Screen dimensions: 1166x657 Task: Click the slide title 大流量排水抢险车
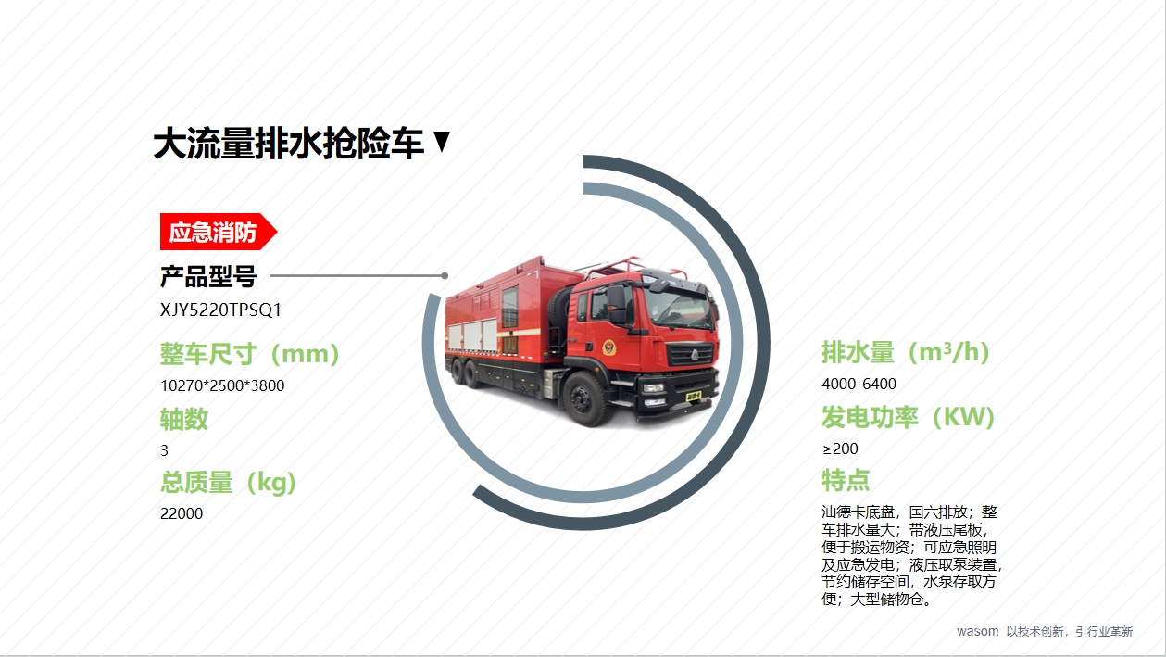pyautogui.click(x=289, y=144)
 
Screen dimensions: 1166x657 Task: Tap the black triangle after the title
pyautogui.click(x=442, y=141)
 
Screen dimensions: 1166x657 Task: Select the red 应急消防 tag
pyautogui.click(x=219, y=232)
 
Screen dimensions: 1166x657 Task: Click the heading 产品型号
pyautogui.click(x=208, y=276)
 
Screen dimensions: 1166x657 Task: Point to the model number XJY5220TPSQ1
pyautogui.click(x=220, y=310)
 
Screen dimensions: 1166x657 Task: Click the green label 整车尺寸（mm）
pyautogui.click(x=250, y=354)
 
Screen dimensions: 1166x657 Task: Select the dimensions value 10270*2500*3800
pyautogui.click(x=222, y=385)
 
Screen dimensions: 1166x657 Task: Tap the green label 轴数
pyautogui.click(x=183, y=419)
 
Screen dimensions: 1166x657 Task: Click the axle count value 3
pyautogui.click(x=165, y=450)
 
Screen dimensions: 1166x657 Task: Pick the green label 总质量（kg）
pyautogui.click(x=228, y=483)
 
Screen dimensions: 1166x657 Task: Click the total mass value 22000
pyautogui.click(x=182, y=513)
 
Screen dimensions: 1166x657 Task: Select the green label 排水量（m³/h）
pyautogui.click(x=905, y=352)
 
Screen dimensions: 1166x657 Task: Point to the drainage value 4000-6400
pyautogui.click(x=859, y=384)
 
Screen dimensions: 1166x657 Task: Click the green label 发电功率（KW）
pyautogui.click(x=908, y=417)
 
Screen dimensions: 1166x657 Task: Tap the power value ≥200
pyautogui.click(x=840, y=449)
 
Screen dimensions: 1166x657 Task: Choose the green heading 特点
pyautogui.click(x=846, y=480)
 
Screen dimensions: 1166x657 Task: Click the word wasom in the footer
pyautogui.click(x=977, y=631)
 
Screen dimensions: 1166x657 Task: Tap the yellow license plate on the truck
pyautogui.click(x=693, y=397)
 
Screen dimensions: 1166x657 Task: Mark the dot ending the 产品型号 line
pyautogui.click(x=445, y=275)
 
